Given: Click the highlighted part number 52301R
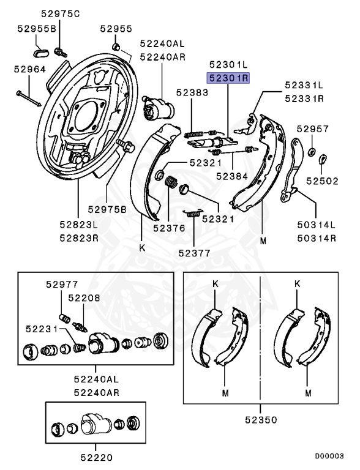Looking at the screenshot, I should pos(227,78).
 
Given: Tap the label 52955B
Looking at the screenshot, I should pos(37,29).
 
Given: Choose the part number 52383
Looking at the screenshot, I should pos(192,92).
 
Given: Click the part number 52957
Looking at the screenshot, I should pos(313,129).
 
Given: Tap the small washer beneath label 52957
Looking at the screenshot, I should pos(311,151).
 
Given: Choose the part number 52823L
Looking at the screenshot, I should pos(78,225).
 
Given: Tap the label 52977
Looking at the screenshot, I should pos(62,284).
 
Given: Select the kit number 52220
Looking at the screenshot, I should pos(96,456).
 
